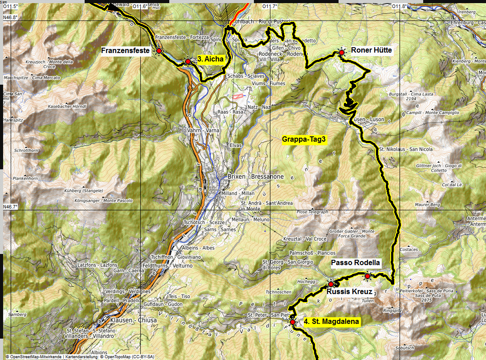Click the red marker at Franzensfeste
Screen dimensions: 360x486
tap(159, 51)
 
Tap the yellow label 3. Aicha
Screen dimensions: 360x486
tap(210, 59)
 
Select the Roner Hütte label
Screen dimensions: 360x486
tap(372, 50)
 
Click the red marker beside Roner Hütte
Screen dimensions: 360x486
tap(342, 53)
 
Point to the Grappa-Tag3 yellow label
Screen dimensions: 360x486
tap(304, 139)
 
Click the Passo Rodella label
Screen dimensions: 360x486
tap(355, 263)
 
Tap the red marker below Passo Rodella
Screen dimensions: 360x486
tap(368, 276)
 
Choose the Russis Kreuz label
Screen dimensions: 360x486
tap(349, 292)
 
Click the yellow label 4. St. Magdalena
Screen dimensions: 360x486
tap(331, 321)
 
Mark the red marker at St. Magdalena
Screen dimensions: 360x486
tap(293, 322)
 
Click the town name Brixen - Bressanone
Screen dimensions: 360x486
tap(255, 176)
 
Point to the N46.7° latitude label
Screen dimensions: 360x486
tap(10, 207)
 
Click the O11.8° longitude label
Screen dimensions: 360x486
tap(399, 6)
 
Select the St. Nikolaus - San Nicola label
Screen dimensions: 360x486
tap(405, 149)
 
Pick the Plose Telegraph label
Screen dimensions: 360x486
tap(312, 212)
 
